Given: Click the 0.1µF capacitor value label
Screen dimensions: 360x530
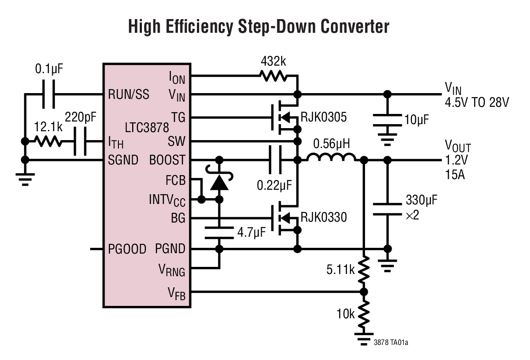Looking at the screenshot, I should pyautogui.click(x=53, y=70).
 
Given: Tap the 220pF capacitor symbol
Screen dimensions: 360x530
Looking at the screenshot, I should pyautogui.click(x=81, y=141).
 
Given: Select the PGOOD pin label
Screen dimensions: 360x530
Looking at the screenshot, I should pyautogui.click(x=127, y=249).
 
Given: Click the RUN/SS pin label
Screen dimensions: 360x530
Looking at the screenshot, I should pyautogui.click(x=128, y=94).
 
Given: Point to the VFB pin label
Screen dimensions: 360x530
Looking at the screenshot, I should pyautogui.click(x=176, y=293).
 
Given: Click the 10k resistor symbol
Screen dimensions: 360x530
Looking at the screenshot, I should pyautogui.click(x=364, y=313).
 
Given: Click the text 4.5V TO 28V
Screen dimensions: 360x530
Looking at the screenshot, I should pyautogui.click(x=476, y=102).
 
